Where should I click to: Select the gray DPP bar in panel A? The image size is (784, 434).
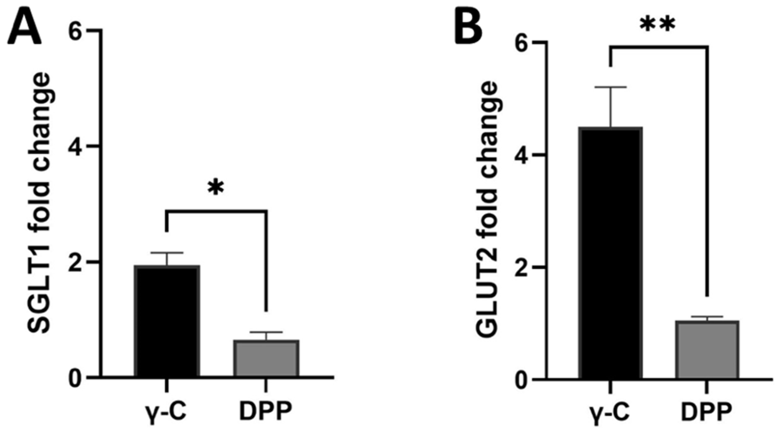[x=266, y=358]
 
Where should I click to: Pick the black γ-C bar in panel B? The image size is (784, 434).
[x=611, y=254]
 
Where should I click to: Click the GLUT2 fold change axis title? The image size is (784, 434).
[x=487, y=210]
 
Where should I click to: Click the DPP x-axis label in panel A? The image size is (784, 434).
[x=266, y=412]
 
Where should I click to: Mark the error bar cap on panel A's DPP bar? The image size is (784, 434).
[x=266, y=332]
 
